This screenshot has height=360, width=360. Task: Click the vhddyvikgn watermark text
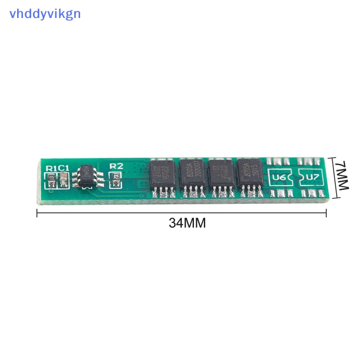pos(45,13)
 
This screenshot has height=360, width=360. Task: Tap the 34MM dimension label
pos(187,223)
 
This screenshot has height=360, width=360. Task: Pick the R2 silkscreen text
pos(116,166)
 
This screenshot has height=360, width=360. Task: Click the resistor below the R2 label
pos(116,176)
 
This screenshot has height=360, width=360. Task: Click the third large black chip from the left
pos(221,176)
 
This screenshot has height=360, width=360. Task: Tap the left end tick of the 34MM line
pos(37,212)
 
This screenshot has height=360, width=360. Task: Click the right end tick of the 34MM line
pos(326,212)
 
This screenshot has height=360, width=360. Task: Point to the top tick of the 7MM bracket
pos(333,157)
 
